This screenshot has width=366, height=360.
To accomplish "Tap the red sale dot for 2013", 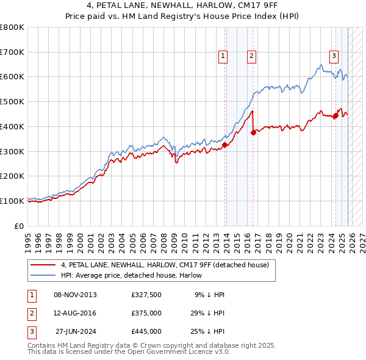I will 224,145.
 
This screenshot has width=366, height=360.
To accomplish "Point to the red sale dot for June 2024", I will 335,115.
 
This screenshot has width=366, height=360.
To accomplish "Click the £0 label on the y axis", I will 20,226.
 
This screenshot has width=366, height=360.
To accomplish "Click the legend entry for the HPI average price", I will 134,275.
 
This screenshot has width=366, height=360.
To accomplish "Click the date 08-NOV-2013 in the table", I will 75,295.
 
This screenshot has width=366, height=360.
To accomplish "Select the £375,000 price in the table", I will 146,313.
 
